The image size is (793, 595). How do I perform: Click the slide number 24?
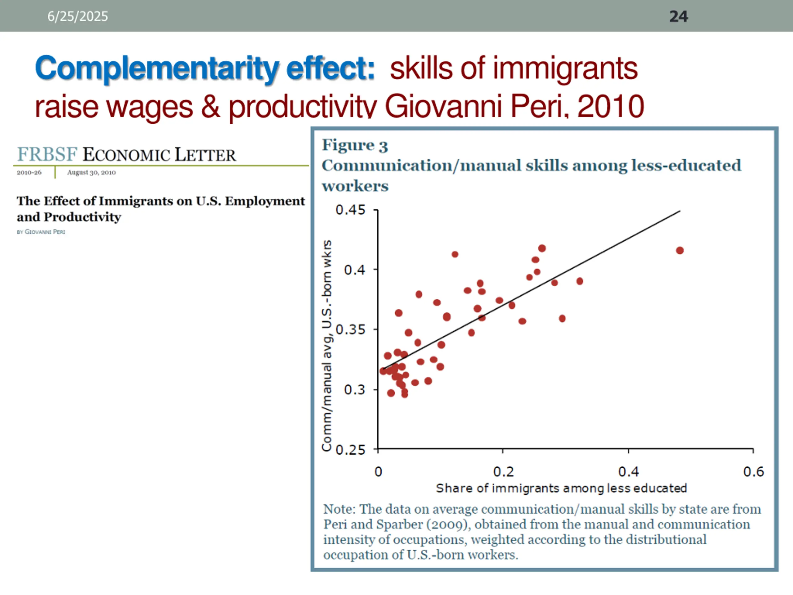point(678,16)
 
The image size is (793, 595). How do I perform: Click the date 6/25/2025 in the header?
point(77,16)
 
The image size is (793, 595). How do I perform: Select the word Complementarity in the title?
point(157,68)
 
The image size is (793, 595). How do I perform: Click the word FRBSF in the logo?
point(47,154)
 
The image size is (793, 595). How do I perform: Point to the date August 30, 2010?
point(91,173)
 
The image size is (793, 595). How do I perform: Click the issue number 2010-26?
point(29,173)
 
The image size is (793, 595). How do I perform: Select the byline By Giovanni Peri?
point(41,232)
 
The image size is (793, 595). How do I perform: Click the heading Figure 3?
point(355,145)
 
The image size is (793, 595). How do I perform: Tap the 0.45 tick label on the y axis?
point(350,210)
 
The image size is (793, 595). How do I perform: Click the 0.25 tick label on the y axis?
point(350,449)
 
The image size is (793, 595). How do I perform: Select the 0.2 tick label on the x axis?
point(503,472)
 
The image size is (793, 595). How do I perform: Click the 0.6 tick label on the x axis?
point(753,472)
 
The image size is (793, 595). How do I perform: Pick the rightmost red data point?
point(680,250)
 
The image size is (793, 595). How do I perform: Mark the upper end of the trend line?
point(680,211)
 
